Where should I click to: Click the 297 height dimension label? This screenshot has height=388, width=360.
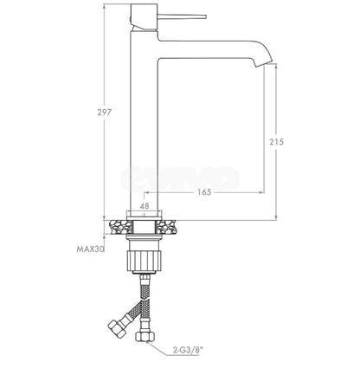coord(104,113)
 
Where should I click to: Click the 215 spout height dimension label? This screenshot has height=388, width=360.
coord(277,142)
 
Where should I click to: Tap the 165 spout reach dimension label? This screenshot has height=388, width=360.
coord(204,192)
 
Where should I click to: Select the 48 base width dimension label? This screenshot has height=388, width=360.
coord(145,206)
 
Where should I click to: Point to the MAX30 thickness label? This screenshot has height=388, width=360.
coord(90,249)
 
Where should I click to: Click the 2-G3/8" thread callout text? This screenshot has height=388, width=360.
coord(188,351)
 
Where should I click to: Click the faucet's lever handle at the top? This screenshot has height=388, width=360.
coord(182,16)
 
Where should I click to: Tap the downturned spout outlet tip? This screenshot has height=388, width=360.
coord(264,63)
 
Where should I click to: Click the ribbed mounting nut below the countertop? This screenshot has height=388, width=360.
coord(145,261)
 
